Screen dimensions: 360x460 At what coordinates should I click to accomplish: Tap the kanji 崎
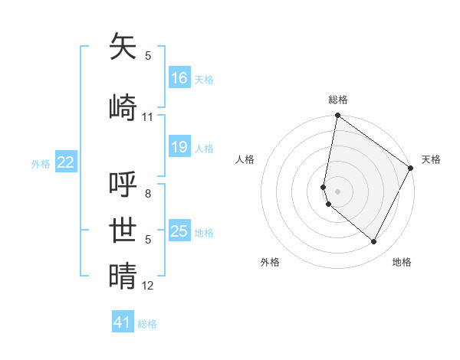coord(123,107)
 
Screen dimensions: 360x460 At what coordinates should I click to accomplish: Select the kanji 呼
coord(123,184)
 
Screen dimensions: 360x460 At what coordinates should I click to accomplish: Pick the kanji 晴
coord(123,276)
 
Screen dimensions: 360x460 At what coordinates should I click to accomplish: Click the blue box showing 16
coord(179,77)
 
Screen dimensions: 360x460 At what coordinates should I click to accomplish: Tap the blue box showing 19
coord(179,147)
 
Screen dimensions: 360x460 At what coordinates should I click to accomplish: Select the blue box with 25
coord(179,231)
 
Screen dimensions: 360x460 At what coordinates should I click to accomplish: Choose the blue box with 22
coord(66,162)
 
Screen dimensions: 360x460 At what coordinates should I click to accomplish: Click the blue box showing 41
coord(123,322)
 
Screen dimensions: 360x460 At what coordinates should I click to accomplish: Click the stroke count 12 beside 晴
coord(148,286)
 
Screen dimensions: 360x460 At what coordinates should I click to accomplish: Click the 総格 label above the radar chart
coord(338,100)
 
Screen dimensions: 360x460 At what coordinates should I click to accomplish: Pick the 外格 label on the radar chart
coord(270,262)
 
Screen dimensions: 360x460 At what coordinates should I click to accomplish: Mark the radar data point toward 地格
coord(374,242)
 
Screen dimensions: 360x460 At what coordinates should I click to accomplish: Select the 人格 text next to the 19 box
coord(204,148)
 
